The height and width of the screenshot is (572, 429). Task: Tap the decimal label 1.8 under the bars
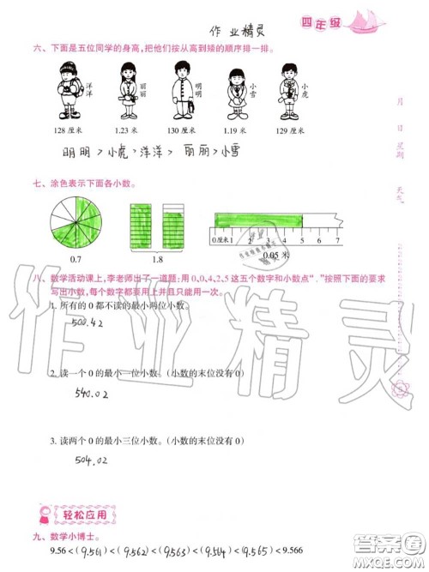[x=156, y=258]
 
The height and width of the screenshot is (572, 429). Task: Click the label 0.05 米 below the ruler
[x=275, y=256]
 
